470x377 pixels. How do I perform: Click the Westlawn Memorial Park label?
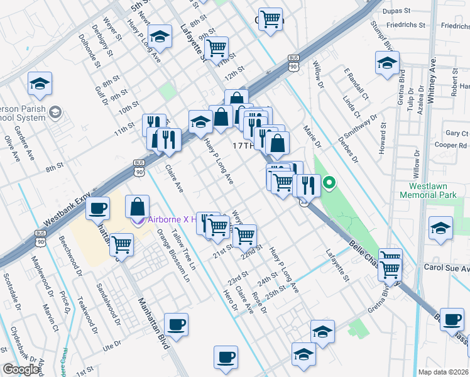432,190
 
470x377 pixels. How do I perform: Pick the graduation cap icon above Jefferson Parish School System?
40,84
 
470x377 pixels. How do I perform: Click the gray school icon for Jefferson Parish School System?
55,112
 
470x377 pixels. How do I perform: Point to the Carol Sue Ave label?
446,268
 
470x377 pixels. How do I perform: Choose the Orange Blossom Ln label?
168,252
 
